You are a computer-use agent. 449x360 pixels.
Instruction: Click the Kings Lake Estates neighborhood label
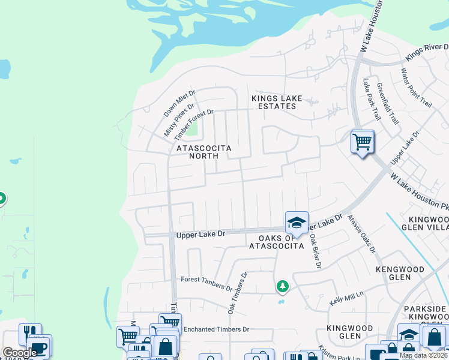274,102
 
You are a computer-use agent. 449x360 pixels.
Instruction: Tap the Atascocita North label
203,151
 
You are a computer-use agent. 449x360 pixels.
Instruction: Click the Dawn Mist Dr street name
180,103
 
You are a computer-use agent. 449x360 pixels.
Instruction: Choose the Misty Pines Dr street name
179,120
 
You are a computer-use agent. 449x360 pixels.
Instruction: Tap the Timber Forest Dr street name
194,124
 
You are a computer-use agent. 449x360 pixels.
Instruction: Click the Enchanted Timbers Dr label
216,329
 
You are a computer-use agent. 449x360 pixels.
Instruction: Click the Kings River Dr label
427,52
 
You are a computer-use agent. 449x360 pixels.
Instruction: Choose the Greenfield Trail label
387,101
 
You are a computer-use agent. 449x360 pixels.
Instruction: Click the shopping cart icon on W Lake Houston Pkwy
362,143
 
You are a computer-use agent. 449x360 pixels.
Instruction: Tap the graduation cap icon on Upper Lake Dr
296,223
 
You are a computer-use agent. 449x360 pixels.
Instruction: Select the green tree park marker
282,287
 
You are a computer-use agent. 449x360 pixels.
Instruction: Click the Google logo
20,353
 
